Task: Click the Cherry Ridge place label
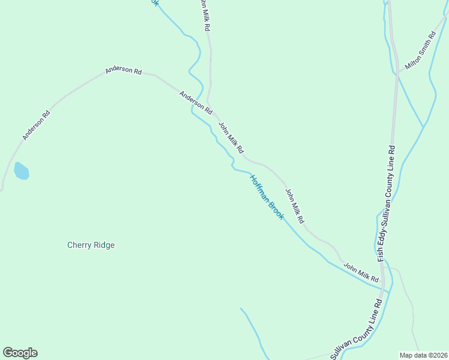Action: [x=91, y=245]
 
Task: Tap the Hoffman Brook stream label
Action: [x=267, y=197]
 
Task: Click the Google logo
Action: [x=20, y=353]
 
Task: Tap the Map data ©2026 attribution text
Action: [x=423, y=355]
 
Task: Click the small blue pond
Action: [x=21, y=171]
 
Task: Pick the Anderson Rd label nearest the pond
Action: [x=36, y=125]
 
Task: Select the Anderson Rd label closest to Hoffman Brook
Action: [x=196, y=103]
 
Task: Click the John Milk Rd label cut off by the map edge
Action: [x=205, y=15]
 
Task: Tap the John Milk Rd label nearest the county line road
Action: [x=361, y=272]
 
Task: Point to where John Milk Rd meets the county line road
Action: [x=385, y=284]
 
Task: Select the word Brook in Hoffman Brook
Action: [x=276, y=210]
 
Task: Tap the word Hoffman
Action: [x=259, y=187]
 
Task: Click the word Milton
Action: [x=414, y=58]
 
